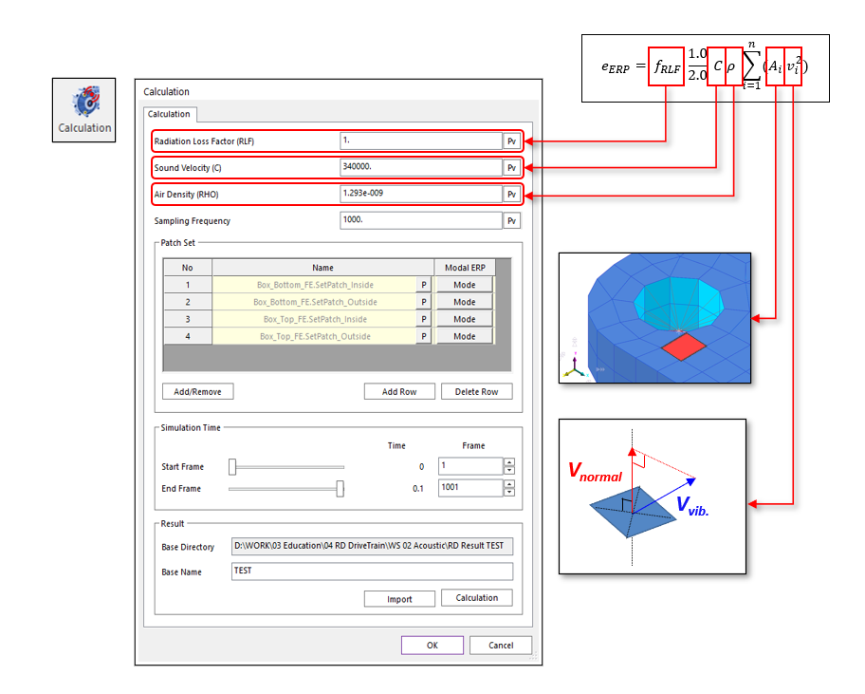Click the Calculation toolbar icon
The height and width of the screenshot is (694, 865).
tap(83, 109)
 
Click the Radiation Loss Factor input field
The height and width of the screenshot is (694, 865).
tap(420, 141)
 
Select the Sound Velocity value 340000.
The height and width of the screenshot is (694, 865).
tap(420, 168)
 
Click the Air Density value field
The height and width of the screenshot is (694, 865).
tap(420, 195)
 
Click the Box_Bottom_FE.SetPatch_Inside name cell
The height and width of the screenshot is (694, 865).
tap(314, 285)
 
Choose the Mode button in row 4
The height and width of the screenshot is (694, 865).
tap(464, 336)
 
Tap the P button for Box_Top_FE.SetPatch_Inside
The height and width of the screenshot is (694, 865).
tap(423, 319)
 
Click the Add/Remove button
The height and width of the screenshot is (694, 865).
tap(197, 391)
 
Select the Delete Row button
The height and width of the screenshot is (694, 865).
tap(476, 391)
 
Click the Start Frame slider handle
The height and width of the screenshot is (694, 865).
tap(232, 466)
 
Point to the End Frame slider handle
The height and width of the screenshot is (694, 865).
tap(340, 488)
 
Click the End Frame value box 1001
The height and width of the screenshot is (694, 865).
tap(469, 488)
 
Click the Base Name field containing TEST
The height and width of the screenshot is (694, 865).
tap(372, 572)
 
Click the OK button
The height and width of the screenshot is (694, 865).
tap(432, 646)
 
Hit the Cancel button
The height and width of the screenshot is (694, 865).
tap(500, 646)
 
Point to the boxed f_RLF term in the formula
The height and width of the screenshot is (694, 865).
tap(666, 67)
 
